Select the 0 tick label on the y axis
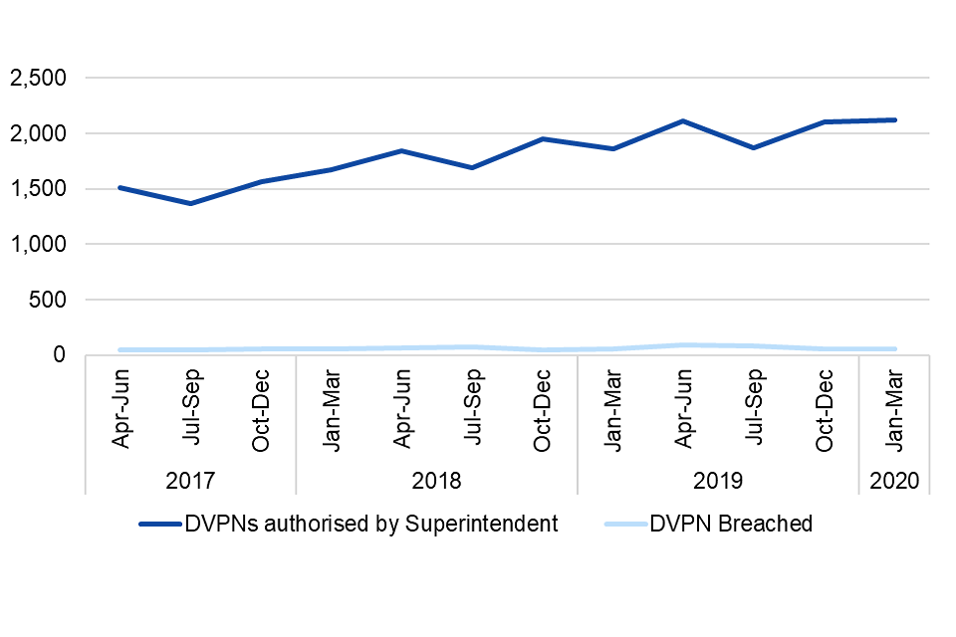tap(61, 355)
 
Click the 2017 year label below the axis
tap(190, 481)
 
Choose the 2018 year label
tap(436, 481)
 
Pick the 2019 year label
tap(718, 481)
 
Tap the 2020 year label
tap(894, 481)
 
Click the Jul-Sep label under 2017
tap(190, 409)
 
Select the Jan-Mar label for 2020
tap(894, 409)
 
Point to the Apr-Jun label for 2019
tap(683, 409)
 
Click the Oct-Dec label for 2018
tap(543, 409)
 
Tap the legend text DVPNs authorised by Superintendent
tap(370, 525)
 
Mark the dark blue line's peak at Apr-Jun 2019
tap(683, 121)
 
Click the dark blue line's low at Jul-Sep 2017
tap(190, 203)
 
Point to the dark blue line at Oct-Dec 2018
tap(543, 139)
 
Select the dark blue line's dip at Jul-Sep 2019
tap(754, 147)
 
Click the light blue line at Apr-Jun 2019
tap(683, 345)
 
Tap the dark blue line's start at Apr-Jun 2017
tap(120, 187)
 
